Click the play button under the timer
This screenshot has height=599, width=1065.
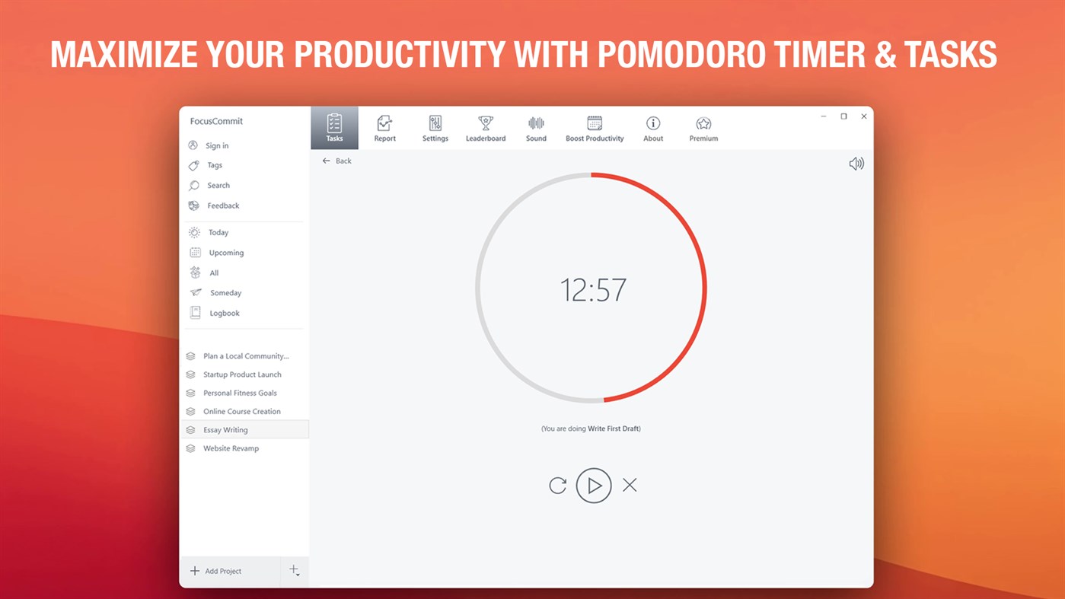pos(594,486)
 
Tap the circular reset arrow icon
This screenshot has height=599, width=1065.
pos(558,486)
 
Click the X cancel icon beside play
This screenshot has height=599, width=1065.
pos(630,485)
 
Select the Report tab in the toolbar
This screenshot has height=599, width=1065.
pos(384,128)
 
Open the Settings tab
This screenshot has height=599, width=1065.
pos(435,128)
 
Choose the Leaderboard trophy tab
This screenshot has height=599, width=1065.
pos(486,128)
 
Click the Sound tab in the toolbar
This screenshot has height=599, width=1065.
pos(536,128)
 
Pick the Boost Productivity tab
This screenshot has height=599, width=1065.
pos(595,128)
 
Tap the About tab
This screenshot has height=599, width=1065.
pos(653,128)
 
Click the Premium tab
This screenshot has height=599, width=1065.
pos(703,128)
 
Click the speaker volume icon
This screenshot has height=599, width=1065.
pos(856,164)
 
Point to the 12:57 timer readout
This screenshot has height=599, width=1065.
pos(593,290)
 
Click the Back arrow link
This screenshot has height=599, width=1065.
pos(336,161)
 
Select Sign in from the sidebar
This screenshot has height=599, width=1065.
pos(216,145)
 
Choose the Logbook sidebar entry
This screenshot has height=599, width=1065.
pos(224,313)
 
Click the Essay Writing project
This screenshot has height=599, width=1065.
pos(225,430)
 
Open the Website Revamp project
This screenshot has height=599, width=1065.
pos(231,448)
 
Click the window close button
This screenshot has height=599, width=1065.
pos(864,116)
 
